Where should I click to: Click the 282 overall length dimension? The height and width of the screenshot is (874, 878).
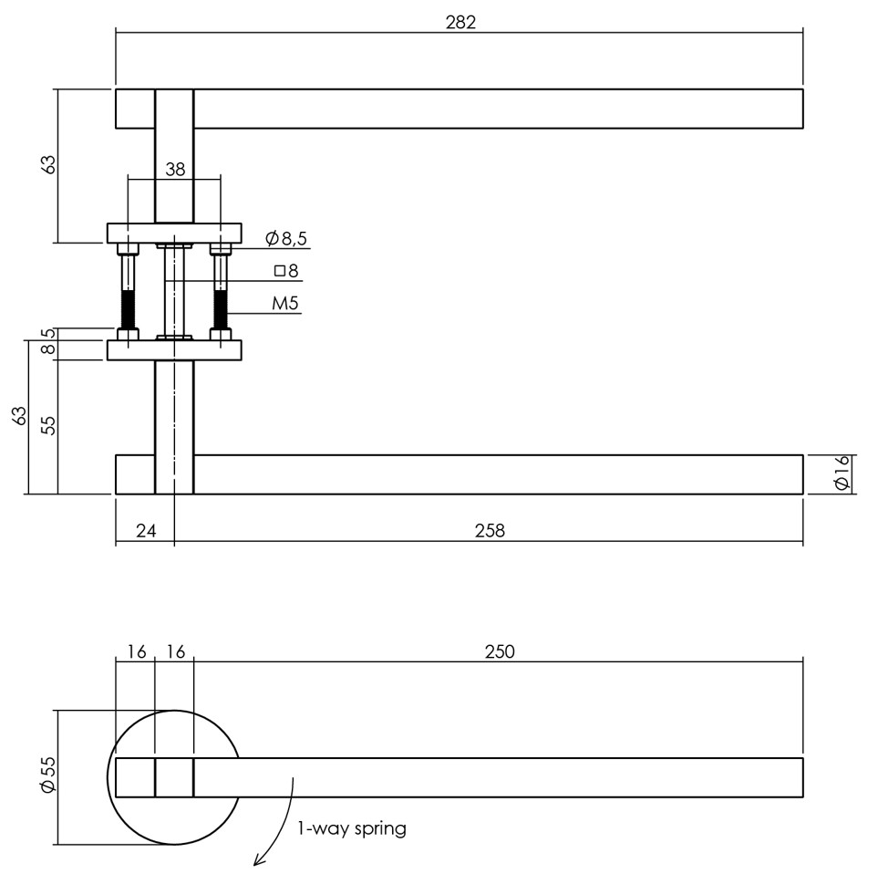[x=460, y=22]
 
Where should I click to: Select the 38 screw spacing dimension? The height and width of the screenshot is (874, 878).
[x=175, y=168]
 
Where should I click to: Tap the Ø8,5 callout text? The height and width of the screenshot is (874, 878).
[x=286, y=239]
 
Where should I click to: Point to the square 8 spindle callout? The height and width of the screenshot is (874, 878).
[x=286, y=270]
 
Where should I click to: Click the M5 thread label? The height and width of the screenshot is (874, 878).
[x=285, y=304]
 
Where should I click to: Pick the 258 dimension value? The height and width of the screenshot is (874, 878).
[x=490, y=530]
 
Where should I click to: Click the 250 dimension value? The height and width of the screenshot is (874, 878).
[x=500, y=651]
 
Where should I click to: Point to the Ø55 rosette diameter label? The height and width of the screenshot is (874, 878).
[x=48, y=777]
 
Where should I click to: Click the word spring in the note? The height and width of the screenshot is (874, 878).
[x=378, y=829]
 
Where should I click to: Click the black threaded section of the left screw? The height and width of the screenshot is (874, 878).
[x=129, y=310]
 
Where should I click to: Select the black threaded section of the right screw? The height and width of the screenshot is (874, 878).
[x=220, y=310]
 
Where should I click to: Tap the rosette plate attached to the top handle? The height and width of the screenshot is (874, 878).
[x=175, y=233]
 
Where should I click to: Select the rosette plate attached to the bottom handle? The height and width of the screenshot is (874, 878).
[x=175, y=350]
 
